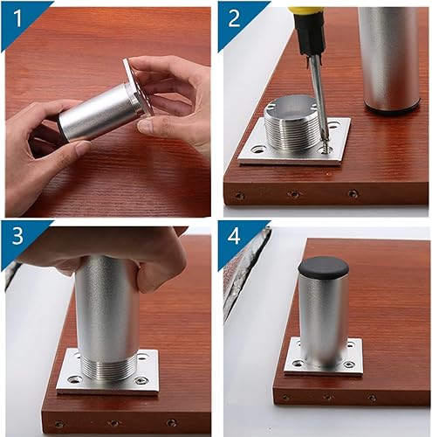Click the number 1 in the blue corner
(x=17, y=18)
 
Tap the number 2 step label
(x=234, y=18)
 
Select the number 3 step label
(x=17, y=235)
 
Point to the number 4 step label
(x=234, y=235)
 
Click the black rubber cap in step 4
(x=323, y=267)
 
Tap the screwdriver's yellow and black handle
(x=309, y=29)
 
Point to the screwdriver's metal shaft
(x=318, y=96)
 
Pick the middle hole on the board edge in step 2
(x=294, y=194)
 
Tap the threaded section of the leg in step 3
(x=108, y=368)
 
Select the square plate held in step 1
(x=138, y=87)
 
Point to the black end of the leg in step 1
(x=60, y=128)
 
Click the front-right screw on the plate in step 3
(x=141, y=380)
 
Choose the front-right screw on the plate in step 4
(x=349, y=364)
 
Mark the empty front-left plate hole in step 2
(x=257, y=150)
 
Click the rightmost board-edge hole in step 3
(x=171, y=422)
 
